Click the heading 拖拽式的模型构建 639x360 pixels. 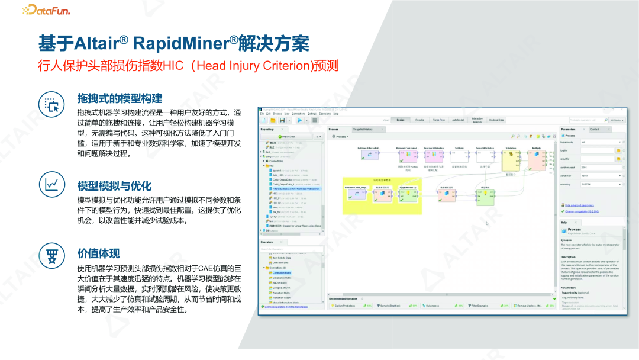pos(119,98)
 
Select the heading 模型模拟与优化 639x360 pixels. pos(114,185)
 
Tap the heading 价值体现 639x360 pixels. pos(98,253)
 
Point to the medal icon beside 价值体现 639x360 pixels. pos(51,254)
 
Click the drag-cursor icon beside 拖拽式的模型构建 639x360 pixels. pos(51,104)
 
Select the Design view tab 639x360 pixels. pos(401,120)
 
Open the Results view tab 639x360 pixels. pos(419,120)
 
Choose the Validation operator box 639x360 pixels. pos(511,158)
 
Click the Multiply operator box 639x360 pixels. pos(536,158)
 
